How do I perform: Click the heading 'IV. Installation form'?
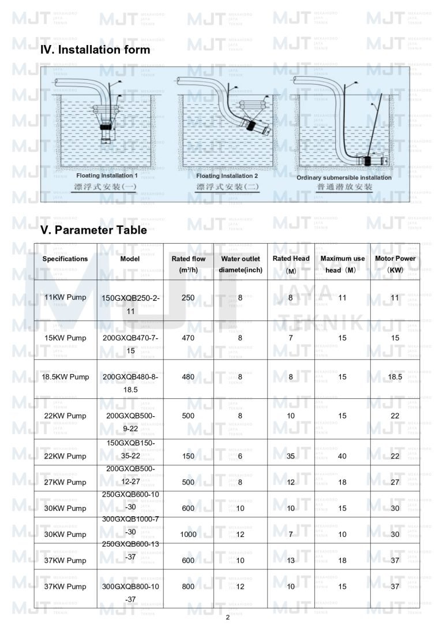coord(95,50)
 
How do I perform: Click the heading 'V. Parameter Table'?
coord(93,230)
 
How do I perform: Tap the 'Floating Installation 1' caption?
coord(107,175)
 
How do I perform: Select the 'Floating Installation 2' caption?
coord(227,176)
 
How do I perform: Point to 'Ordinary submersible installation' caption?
coord(344,177)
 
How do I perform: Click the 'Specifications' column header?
coord(65,259)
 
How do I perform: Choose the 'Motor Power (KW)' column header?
coord(395,264)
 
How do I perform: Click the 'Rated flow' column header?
coord(188,264)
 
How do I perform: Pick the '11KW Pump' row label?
coord(65,297)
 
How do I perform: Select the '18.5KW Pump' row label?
coord(65,377)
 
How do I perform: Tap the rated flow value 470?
coord(188,338)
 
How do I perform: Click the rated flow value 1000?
coord(188,535)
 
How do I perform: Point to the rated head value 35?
coord(291,456)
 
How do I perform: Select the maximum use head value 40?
coord(343,456)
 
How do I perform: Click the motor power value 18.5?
coord(395,377)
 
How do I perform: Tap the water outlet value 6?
coord(241,456)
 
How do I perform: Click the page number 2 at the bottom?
coord(227,617)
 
